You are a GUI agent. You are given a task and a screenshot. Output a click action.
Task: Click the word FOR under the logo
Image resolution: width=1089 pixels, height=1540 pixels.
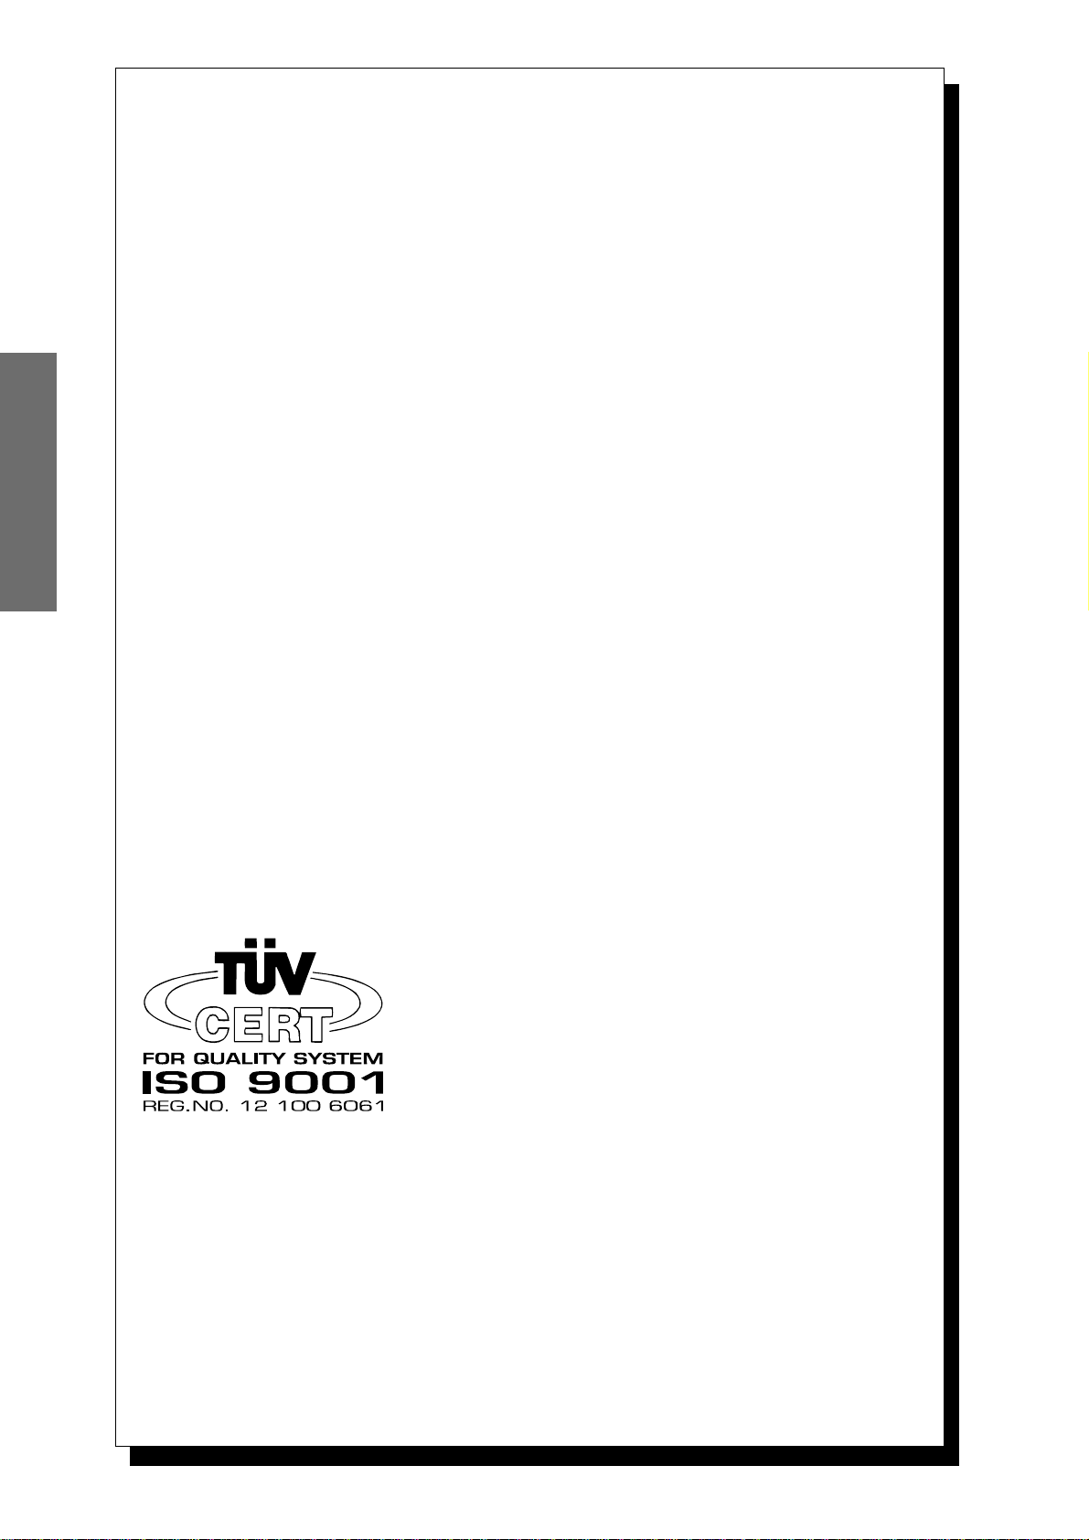click(x=160, y=1058)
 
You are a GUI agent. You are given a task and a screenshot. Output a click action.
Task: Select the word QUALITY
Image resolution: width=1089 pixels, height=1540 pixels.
click(x=238, y=1058)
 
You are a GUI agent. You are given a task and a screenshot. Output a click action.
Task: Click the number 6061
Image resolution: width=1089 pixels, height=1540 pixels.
click(x=356, y=1106)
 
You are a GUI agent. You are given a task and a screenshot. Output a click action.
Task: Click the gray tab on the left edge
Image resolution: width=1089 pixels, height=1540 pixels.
click(x=27, y=482)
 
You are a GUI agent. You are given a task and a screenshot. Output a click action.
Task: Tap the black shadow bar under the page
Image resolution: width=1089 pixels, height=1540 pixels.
click(x=543, y=1456)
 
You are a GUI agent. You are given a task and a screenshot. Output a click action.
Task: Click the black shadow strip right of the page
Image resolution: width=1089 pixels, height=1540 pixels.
click(x=951, y=768)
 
